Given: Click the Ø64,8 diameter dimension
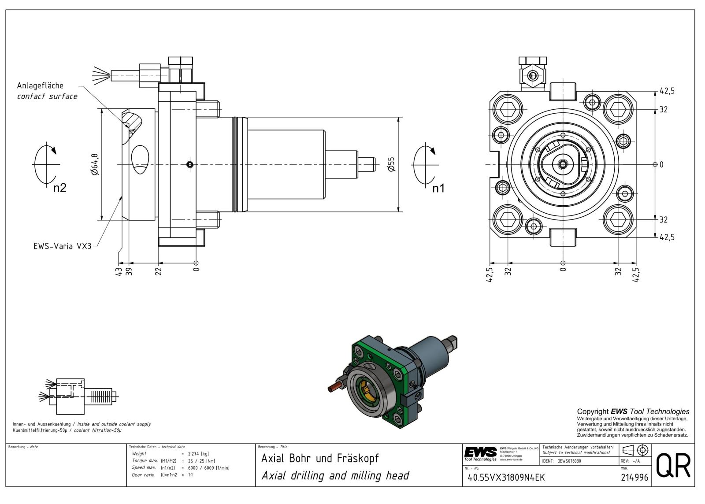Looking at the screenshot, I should pyautogui.click(x=95, y=164).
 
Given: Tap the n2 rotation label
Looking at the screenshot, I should pyautogui.click(x=59, y=188).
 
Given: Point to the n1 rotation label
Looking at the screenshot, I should pyautogui.click(x=438, y=189).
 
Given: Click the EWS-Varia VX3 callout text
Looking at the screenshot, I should pyautogui.click(x=62, y=246).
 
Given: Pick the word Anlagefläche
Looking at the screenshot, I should pyautogui.click(x=40, y=85).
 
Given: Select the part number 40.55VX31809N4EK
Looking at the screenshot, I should pyautogui.click(x=506, y=477).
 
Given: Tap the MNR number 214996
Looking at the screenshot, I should pyautogui.click(x=634, y=477).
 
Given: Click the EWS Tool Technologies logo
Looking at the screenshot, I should pyautogui.click(x=480, y=453).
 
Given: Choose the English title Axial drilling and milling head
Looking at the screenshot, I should pyautogui.click(x=335, y=476).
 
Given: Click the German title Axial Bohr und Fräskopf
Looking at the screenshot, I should pyautogui.click(x=320, y=458).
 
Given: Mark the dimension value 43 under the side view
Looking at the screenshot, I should pyautogui.click(x=118, y=271).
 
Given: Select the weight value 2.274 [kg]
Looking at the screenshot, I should pyautogui.click(x=198, y=453).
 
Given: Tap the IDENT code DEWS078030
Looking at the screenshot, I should pyautogui.click(x=569, y=461).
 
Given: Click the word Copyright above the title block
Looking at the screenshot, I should pyautogui.click(x=593, y=411).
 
